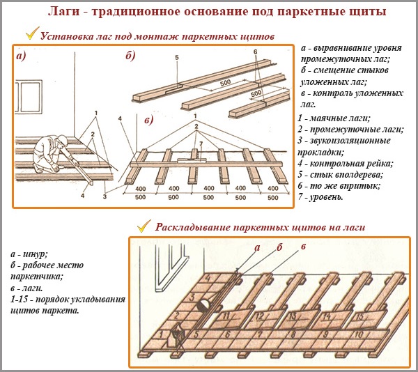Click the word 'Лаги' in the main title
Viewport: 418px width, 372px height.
coord(63,13)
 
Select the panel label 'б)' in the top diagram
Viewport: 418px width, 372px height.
coord(130,56)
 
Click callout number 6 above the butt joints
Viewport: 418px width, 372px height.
coord(256,52)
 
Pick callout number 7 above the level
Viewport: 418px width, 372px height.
coord(201,144)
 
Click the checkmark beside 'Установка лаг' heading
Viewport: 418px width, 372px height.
coord(31,33)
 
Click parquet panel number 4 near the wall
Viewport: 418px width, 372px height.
coord(207,279)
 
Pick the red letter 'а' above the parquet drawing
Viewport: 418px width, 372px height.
coord(256,247)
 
